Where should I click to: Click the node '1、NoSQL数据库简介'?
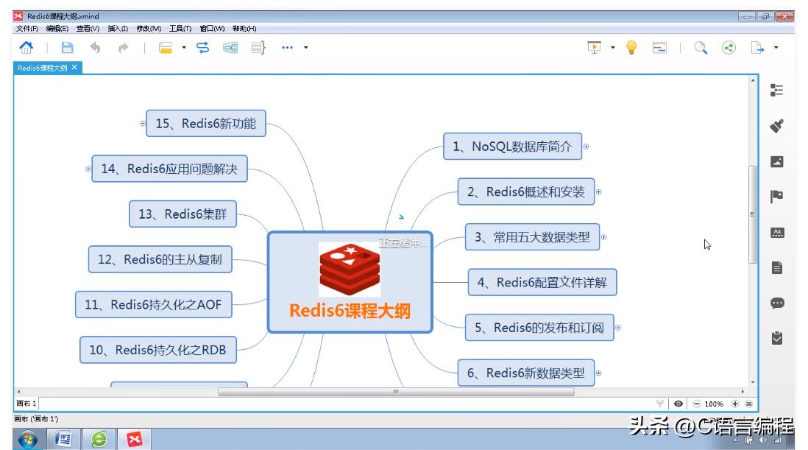512,147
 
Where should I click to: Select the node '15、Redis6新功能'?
205,124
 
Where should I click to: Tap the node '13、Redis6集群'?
182,214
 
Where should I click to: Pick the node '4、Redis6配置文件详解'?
542,282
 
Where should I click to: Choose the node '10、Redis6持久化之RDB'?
157,350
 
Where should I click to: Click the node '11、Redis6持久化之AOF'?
153,304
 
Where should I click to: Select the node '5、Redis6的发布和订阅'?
539,328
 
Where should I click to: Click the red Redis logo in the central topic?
350,269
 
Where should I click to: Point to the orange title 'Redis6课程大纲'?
350,311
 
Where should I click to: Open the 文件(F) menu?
27,29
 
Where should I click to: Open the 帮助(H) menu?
244,29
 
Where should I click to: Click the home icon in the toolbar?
26,48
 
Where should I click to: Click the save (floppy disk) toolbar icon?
67,48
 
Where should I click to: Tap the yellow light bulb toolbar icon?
631,48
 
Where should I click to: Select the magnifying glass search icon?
701,48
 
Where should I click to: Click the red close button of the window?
784,16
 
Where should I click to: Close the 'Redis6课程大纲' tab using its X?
74,67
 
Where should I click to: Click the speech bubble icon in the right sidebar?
777,303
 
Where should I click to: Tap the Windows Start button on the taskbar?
27,440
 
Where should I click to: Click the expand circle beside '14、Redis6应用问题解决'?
88,169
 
